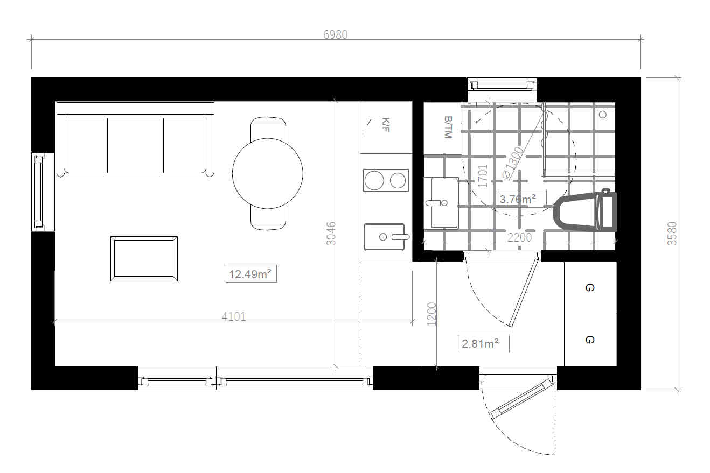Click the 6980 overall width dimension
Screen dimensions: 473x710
(x=336, y=34)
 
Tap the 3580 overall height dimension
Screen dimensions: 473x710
(x=672, y=234)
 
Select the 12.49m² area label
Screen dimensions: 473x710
(x=250, y=274)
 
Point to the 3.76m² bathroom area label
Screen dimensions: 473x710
(x=518, y=200)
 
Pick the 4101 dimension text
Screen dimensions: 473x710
(x=234, y=316)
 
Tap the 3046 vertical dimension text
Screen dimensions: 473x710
(x=331, y=233)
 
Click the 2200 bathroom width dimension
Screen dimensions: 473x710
(x=519, y=237)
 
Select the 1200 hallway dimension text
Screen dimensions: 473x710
(x=431, y=314)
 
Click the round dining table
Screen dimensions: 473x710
(x=267, y=173)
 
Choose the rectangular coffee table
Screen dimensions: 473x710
(x=144, y=259)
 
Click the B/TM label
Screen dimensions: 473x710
(x=447, y=127)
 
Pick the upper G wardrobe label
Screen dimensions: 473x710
(x=589, y=288)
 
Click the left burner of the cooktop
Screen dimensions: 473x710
(x=373, y=180)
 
